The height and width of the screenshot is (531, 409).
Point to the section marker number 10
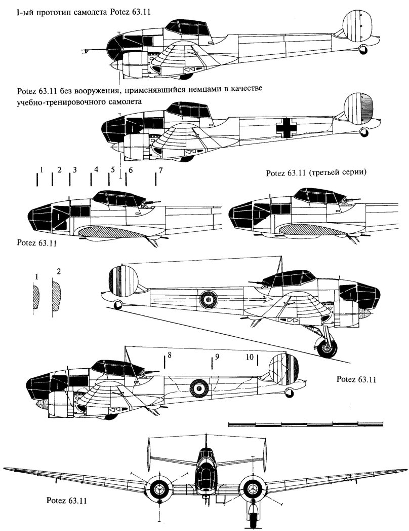[250, 357]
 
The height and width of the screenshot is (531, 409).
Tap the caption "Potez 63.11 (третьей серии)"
[315, 173]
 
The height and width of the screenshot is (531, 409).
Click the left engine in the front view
[160, 489]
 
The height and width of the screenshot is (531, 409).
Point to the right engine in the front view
[252, 489]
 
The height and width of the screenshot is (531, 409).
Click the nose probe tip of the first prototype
[84, 50]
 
